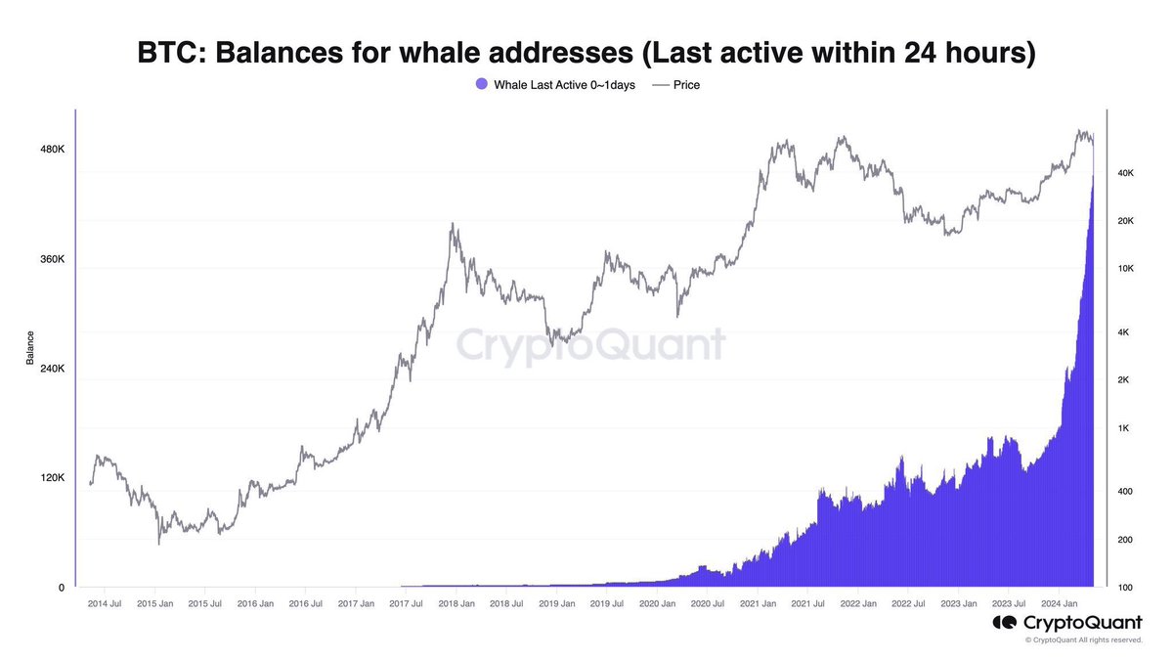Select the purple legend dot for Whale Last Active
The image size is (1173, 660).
tap(480, 85)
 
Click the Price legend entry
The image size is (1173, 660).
tap(675, 85)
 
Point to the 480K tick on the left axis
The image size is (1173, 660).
tap(52, 150)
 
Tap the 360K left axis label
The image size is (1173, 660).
tap(52, 259)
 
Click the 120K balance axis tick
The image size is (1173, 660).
tap(52, 478)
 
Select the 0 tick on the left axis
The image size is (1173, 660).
tap(61, 588)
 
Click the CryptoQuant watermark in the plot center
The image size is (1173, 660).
tap(591, 345)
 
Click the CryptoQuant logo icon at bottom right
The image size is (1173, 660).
tap(1004, 623)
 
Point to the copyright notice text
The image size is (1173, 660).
tap(1083, 640)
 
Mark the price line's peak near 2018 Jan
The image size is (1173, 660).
tap(452, 224)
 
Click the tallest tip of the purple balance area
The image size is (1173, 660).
tap(1092, 175)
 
